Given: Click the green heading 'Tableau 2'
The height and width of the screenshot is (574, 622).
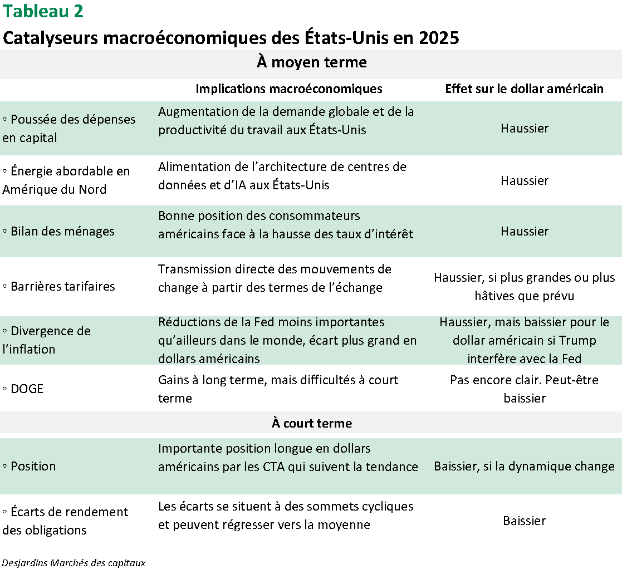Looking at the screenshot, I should (x=43, y=11).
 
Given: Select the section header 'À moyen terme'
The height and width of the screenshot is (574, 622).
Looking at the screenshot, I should (x=311, y=62).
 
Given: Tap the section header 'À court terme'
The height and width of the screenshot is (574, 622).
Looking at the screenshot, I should (x=311, y=423).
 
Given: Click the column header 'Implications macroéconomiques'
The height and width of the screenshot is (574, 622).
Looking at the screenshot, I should (x=289, y=89).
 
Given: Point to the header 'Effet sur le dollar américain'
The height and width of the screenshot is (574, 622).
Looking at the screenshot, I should (x=524, y=89).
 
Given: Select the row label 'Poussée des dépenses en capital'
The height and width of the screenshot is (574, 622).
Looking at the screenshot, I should (x=68, y=128).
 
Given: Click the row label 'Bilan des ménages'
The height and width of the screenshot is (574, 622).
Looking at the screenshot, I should (x=62, y=232).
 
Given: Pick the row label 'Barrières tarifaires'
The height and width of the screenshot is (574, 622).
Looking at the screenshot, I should (x=62, y=287).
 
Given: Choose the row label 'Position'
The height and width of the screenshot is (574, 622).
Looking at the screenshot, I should (x=33, y=466).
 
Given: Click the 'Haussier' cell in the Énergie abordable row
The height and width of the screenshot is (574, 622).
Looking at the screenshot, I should (x=524, y=180).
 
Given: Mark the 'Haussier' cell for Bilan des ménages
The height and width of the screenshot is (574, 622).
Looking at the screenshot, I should (x=524, y=232).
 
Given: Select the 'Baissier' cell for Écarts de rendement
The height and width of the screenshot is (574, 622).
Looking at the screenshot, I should (x=524, y=521).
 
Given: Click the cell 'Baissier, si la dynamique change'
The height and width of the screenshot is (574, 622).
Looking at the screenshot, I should (x=524, y=466).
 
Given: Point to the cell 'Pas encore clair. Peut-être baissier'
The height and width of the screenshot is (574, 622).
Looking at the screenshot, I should (x=524, y=389).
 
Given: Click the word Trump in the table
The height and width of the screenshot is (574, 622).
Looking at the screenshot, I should (x=576, y=340).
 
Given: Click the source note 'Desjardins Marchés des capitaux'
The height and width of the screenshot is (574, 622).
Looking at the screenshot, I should (x=74, y=563).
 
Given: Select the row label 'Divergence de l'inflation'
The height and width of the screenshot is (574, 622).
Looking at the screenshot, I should (x=46, y=340).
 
